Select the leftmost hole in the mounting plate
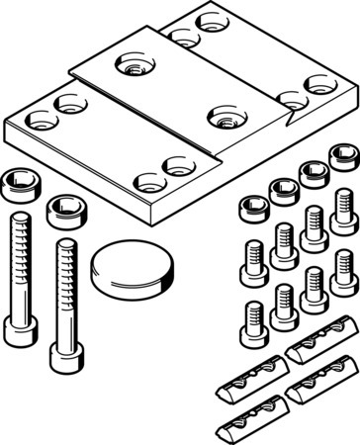(39, 122)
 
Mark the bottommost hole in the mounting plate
(148, 182)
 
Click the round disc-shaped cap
(135, 267)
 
